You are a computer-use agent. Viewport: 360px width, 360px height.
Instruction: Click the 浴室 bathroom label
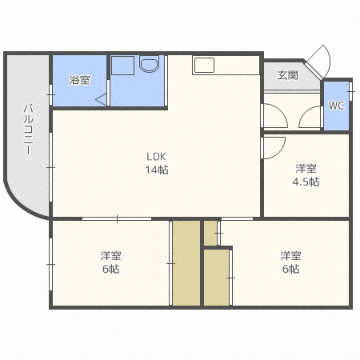click(x=79, y=79)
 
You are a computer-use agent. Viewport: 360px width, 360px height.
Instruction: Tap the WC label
click(x=335, y=106)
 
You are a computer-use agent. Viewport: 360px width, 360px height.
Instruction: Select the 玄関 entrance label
click(x=288, y=75)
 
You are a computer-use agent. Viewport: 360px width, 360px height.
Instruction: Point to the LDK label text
click(x=156, y=156)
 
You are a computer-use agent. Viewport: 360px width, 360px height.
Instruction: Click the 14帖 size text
click(x=156, y=170)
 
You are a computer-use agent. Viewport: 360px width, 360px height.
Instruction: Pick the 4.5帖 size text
click(x=306, y=182)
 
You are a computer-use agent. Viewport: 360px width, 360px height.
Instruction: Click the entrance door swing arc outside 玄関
click(x=321, y=56)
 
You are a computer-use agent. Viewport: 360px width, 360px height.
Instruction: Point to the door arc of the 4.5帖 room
click(x=274, y=146)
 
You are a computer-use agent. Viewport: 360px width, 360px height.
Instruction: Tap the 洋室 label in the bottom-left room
click(x=110, y=256)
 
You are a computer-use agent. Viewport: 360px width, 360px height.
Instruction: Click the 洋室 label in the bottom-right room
click(x=290, y=256)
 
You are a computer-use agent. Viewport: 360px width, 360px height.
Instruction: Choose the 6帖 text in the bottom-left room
click(x=110, y=270)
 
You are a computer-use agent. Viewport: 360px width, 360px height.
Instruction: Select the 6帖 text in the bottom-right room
click(x=290, y=270)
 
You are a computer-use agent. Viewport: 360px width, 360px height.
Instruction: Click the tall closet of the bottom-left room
click(x=186, y=262)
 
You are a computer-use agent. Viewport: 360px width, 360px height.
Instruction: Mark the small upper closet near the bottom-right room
click(x=210, y=233)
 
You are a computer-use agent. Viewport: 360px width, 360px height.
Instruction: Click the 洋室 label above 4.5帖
click(x=306, y=168)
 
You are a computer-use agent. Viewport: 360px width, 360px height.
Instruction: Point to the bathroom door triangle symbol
click(x=102, y=99)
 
